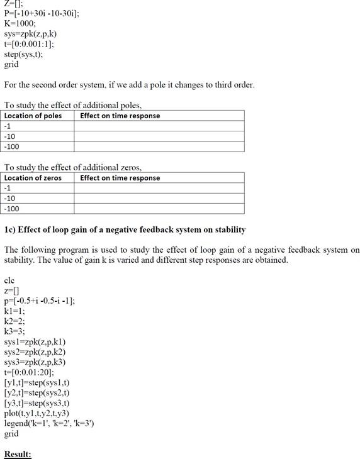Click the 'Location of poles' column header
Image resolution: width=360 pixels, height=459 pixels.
pyautogui.click(x=33, y=116)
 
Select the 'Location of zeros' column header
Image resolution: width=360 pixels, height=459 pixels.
pyautogui.click(x=33, y=178)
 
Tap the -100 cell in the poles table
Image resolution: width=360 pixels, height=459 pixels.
pyautogui.click(x=12, y=147)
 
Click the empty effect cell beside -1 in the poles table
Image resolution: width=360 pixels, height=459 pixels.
pyautogui.click(x=159, y=126)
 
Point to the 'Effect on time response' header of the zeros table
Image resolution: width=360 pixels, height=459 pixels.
pyautogui.click(x=120, y=178)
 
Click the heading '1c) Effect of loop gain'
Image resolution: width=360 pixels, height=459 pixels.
pyautogui.click(x=125, y=229)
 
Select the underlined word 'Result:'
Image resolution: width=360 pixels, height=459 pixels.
pyautogui.click(x=18, y=454)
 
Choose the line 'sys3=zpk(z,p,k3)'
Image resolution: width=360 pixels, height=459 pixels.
pyautogui.click(x=35, y=362)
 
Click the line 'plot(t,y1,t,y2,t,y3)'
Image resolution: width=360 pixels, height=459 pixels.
pyautogui.click(x=37, y=413)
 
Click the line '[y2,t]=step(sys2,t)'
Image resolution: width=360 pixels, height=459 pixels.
pyautogui.click(x=37, y=393)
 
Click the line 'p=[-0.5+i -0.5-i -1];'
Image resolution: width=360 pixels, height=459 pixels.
pyautogui.click(x=39, y=301)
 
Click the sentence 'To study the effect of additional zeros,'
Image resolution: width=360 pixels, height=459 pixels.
pyautogui.click(x=73, y=167)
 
